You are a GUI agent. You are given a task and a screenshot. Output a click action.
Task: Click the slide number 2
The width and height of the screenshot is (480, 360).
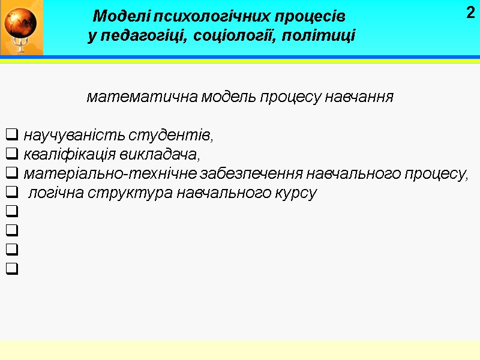pyautogui.click(x=470, y=11)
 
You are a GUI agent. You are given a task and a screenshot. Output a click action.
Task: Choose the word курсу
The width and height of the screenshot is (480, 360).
pyautogui.click(x=296, y=194)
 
